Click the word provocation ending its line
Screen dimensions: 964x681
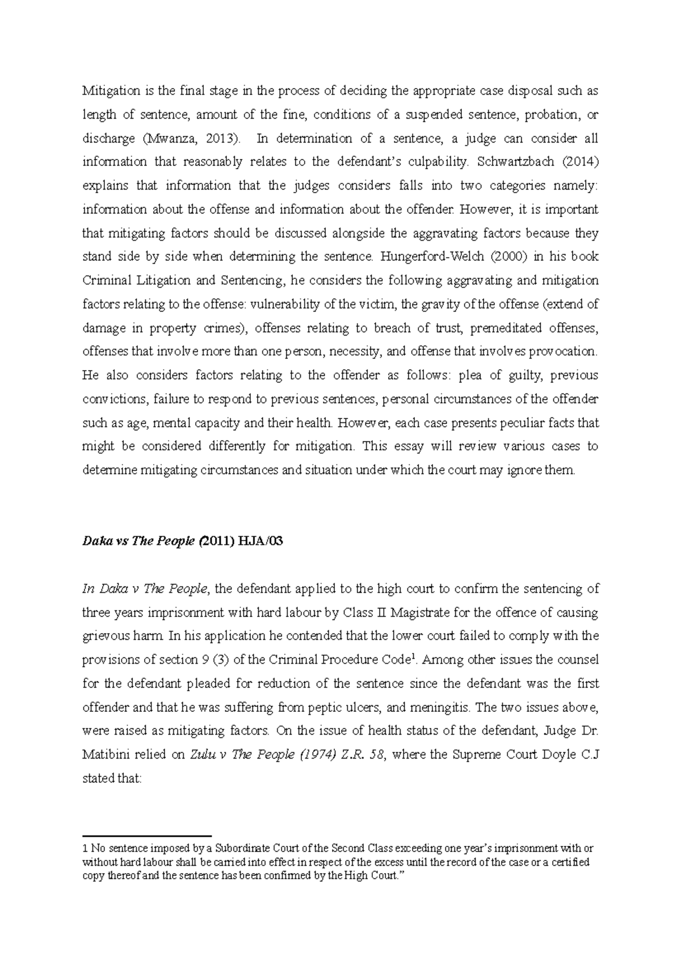(563, 351)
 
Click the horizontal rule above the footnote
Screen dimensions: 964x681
(147, 836)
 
